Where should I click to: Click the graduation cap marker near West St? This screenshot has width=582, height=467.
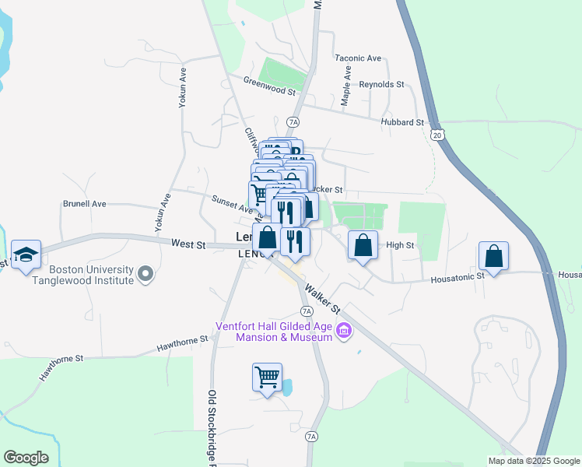[26, 255]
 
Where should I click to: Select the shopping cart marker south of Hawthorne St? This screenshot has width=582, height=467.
[267, 377]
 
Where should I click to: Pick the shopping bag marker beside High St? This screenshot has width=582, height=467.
[363, 245]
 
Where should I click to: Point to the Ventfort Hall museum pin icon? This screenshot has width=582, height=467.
[344, 332]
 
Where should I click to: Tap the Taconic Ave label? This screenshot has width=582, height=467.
[358, 58]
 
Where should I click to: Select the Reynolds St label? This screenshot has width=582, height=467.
[382, 84]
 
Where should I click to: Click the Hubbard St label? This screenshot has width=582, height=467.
[402, 122]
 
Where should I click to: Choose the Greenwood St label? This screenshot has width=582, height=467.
[270, 86]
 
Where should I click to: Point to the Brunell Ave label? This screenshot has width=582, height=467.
[84, 204]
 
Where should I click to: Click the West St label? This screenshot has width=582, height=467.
[188, 244]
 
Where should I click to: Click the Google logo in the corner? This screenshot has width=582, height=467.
[26, 458]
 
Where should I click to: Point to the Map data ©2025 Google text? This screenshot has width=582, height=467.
[535, 461]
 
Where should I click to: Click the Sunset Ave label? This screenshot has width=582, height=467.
[232, 204]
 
